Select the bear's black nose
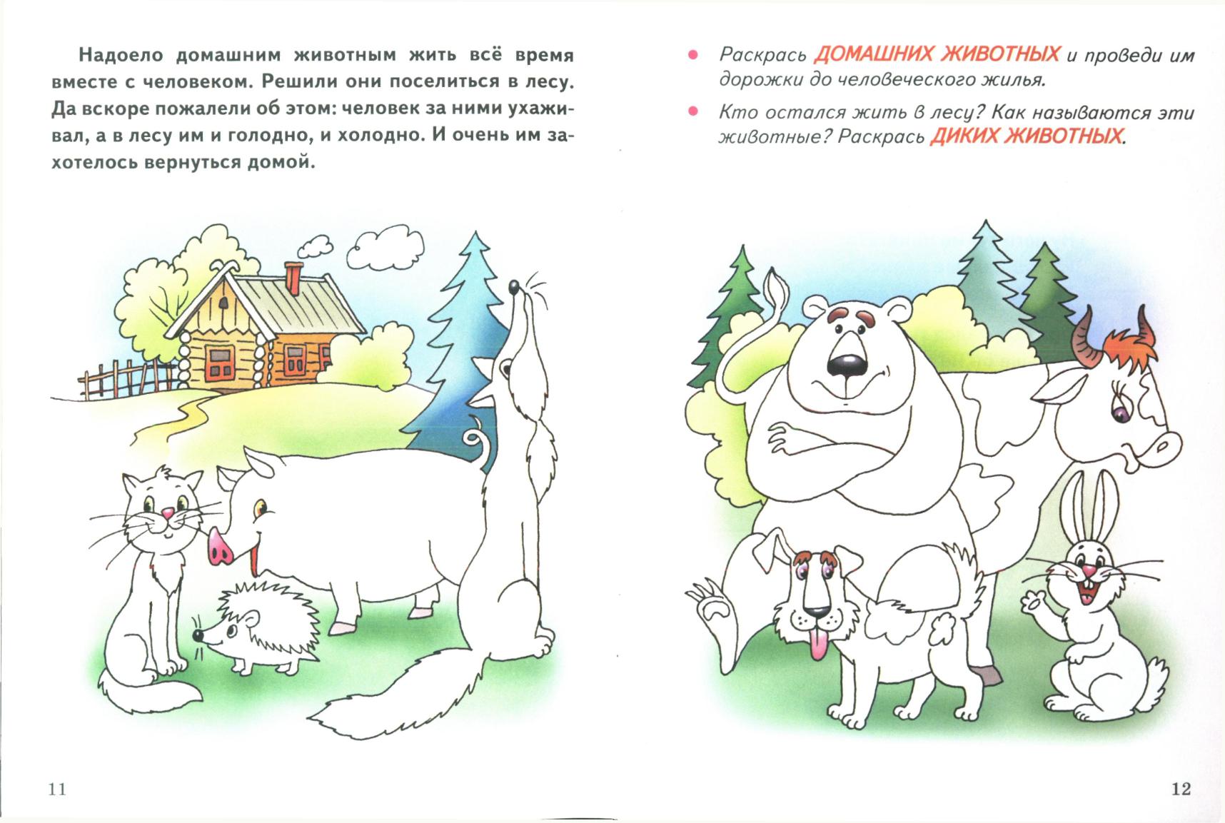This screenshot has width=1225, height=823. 844,365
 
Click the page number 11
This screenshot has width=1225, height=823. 57,789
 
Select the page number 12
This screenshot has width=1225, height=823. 1181,788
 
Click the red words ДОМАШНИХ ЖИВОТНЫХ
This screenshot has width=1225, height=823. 937,54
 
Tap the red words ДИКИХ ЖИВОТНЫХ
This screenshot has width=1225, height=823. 1026,136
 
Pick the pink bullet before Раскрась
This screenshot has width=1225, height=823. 691,56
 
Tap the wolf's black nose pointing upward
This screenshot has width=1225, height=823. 513,287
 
